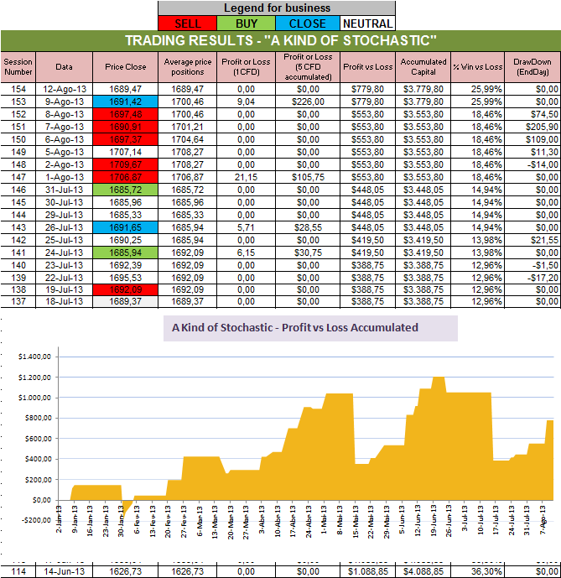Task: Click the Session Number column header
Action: tap(18, 66)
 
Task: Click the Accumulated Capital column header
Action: tap(423, 66)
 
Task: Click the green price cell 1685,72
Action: tap(125, 190)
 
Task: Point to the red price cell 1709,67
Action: tap(125, 164)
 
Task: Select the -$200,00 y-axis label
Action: tap(33, 520)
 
